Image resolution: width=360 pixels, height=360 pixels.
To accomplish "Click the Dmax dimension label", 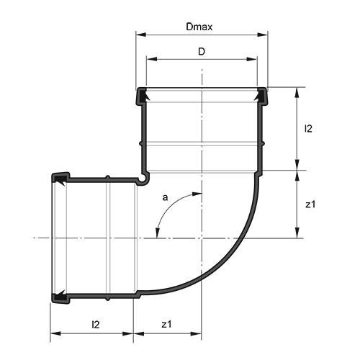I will (x=199, y=27).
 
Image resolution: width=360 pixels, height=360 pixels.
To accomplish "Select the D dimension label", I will (x=202, y=52).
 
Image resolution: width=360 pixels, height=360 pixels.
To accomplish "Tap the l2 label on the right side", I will (x=308, y=129).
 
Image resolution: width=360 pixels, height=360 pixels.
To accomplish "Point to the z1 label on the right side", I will (x=310, y=204).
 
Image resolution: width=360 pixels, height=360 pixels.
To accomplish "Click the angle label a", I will (x=165, y=196).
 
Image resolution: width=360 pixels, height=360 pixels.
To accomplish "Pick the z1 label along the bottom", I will (x=166, y=325).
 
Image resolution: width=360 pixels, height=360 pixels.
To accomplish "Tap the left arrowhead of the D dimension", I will (x=149, y=59).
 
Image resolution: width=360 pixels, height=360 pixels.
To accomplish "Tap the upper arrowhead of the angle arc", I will (x=197, y=194).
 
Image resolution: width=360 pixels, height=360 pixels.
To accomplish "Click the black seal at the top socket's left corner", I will (x=142, y=94).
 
